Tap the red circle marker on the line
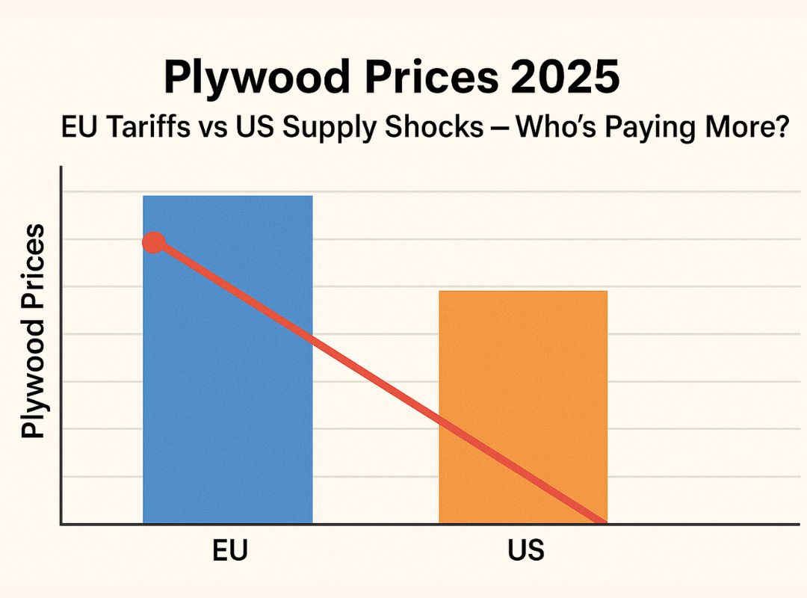153,242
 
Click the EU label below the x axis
229,551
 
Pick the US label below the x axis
525,551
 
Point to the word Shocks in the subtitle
441,128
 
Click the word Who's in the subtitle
556,128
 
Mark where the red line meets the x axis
602,522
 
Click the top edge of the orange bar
523,291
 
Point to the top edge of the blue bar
227,196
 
